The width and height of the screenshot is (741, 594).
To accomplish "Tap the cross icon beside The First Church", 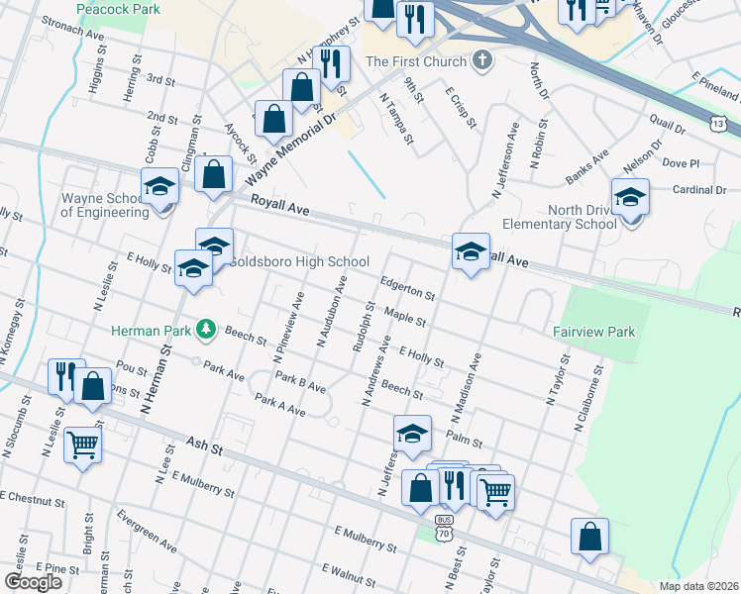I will click(481, 60).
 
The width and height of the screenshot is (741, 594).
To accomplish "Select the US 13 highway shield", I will click(716, 122).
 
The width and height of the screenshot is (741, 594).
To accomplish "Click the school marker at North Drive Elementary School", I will click(630, 196).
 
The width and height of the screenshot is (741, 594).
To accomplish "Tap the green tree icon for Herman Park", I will click(206, 328).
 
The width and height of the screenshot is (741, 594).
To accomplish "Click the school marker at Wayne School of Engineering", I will click(159, 188).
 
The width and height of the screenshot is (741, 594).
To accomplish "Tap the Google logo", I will click(34, 582).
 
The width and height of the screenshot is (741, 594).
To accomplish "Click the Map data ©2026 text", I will click(697, 586).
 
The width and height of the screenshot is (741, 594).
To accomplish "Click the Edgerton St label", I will click(408, 287).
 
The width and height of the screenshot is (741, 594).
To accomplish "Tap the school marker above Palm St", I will click(412, 433).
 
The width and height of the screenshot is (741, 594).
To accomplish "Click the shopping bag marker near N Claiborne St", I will click(589, 538).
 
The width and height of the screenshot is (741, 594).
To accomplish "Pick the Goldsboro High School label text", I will click(299, 262).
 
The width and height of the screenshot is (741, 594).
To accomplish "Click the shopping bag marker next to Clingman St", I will click(214, 174).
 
